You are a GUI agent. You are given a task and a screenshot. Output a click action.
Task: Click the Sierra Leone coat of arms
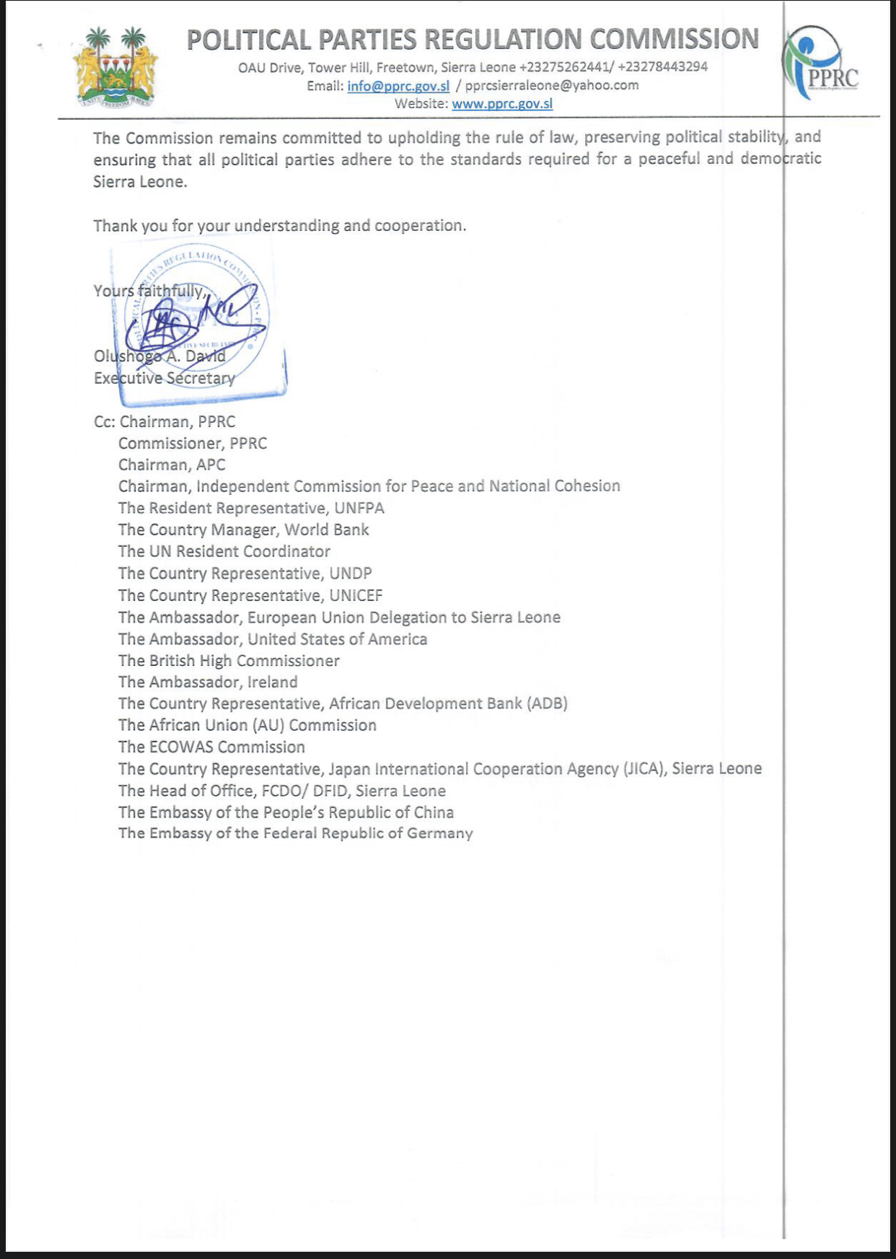tap(115, 67)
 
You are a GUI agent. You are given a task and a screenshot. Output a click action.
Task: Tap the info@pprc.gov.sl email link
tap(398, 86)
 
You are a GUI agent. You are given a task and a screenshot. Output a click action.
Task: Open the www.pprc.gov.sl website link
tap(502, 103)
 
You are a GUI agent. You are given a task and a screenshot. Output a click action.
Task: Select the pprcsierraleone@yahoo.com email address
tap(552, 86)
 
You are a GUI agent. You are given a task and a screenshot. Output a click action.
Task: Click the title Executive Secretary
tap(164, 378)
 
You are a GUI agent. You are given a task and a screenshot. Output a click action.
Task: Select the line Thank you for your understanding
tap(280, 226)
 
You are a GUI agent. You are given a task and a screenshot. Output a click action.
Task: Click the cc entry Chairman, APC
tap(172, 465)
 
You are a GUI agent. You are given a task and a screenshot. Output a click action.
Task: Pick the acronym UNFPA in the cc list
tap(359, 508)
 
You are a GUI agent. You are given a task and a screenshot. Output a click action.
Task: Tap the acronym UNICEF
tap(356, 595)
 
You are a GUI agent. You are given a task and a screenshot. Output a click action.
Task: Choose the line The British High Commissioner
tap(229, 660)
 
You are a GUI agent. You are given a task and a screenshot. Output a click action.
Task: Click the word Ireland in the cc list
tap(272, 682)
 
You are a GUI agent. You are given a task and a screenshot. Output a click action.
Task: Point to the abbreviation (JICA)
tap(644, 768)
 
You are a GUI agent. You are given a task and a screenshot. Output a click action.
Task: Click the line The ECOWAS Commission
tap(211, 747)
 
